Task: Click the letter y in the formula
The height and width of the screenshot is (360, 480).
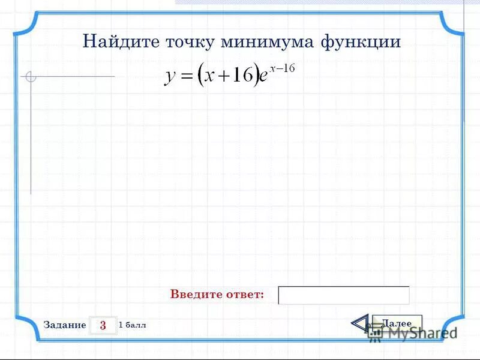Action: point(170,78)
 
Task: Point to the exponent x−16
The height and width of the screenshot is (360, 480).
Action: point(282,68)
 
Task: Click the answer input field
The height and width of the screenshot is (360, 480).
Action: point(344,295)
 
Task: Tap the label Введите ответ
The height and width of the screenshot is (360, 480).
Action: point(217,295)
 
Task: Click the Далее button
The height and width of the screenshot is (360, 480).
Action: point(397,323)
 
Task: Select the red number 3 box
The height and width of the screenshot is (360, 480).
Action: point(103,325)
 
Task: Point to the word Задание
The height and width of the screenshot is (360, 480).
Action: point(65,325)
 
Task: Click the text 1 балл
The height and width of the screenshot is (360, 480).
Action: point(133,325)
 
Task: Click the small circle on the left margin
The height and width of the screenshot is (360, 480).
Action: point(31,77)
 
